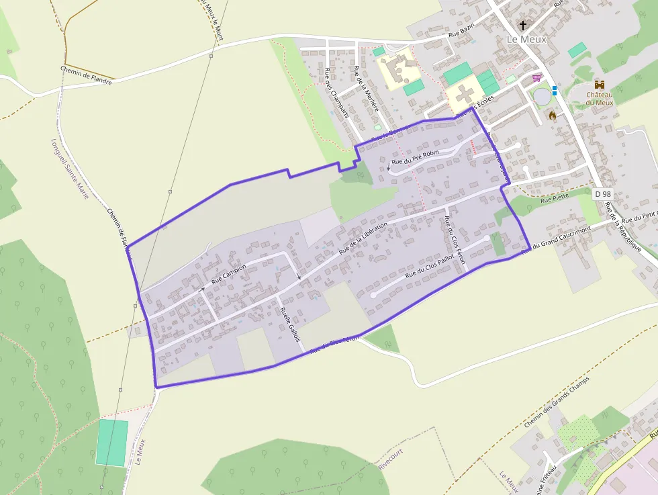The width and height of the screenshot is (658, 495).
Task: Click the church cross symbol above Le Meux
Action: (x=524, y=26)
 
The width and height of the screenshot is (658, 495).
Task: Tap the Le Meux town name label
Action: (x=526, y=40)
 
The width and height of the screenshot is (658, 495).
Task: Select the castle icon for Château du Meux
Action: (x=600, y=85)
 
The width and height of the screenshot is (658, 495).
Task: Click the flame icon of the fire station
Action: (x=553, y=116)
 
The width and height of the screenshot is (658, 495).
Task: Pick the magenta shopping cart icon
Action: (x=536, y=78)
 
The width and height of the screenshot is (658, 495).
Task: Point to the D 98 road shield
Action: (x=603, y=193)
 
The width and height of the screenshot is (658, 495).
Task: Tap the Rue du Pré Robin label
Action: (x=415, y=158)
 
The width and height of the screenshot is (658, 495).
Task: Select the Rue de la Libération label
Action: (x=363, y=238)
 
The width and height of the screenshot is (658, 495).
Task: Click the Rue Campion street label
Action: (x=229, y=274)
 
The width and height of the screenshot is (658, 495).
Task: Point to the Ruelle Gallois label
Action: (x=289, y=324)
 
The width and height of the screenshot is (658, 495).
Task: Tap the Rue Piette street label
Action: (x=554, y=199)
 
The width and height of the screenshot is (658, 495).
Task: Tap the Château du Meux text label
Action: (x=599, y=98)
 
